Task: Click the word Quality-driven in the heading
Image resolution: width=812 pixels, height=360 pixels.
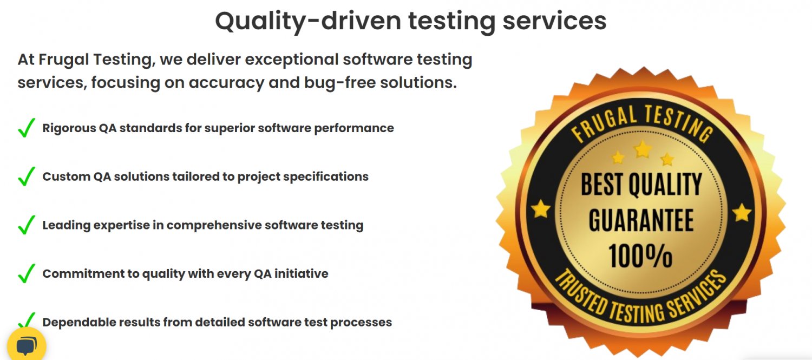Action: click(x=308, y=22)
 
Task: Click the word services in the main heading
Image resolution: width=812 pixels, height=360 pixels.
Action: click(x=554, y=21)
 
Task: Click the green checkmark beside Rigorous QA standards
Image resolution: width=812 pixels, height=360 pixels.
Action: click(x=27, y=128)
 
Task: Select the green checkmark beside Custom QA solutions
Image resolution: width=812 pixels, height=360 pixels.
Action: click(x=27, y=176)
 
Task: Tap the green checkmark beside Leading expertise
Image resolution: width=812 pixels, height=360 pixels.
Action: click(x=27, y=225)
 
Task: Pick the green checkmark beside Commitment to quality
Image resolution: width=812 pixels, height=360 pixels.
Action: click(x=27, y=273)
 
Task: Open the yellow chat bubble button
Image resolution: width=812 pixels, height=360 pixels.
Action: click(x=27, y=345)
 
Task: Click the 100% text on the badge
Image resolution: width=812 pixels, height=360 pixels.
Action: click(x=640, y=256)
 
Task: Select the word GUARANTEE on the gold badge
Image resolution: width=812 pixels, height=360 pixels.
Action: click(x=641, y=220)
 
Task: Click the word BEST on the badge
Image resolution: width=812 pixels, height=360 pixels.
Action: click(x=602, y=184)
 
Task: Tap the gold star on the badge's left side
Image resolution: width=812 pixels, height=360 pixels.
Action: click(x=541, y=209)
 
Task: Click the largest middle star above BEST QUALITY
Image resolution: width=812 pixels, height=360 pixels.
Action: click(x=643, y=149)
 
